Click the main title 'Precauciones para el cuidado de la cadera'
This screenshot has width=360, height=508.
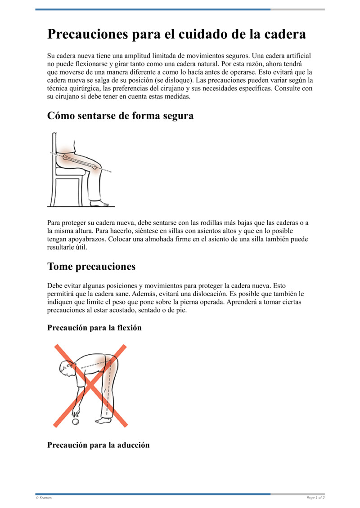(x=176, y=34)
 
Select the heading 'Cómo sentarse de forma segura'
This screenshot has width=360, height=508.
(x=120, y=116)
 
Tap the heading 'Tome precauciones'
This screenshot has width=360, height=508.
(x=91, y=267)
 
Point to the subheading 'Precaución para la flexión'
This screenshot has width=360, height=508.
(x=94, y=328)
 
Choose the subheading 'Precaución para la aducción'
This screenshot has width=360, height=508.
(x=98, y=445)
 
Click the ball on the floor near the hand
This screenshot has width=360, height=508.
(x=76, y=422)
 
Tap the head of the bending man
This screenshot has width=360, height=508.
(x=66, y=368)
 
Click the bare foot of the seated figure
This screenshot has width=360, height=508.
(x=99, y=204)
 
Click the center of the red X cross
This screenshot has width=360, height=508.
(x=90, y=386)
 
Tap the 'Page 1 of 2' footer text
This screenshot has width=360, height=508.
(x=315, y=498)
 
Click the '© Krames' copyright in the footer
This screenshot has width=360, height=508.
(x=44, y=498)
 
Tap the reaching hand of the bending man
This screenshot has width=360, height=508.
(x=75, y=414)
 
